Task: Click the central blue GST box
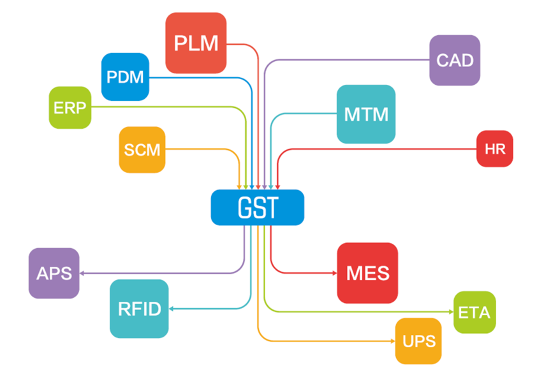[x=258, y=207]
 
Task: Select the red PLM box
[x=196, y=43]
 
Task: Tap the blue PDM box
[x=125, y=77]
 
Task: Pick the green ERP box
[x=70, y=107]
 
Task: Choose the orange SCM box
[x=142, y=150]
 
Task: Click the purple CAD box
[x=455, y=61]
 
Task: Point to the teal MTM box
[x=366, y=114]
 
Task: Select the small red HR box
[x=495, y=149]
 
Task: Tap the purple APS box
[x=54, y=273]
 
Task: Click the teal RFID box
[x=139, y=309]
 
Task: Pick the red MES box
[x=367, y=273]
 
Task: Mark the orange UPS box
[x=418, y=341]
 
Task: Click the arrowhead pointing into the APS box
[x=83, y=273]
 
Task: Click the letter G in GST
[x=244, y=207]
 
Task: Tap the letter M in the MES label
[x=354, y=273]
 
